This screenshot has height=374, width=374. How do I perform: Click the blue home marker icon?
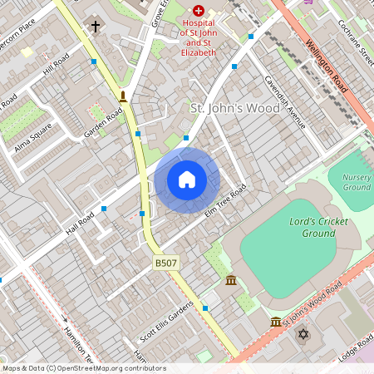pos(187,180)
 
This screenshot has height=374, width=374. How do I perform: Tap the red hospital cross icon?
pos(199,12)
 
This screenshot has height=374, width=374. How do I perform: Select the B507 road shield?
pos(165,263)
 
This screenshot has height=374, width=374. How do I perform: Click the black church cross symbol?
pos(95,27)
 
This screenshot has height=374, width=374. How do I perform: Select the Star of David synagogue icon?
pos(303,334)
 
